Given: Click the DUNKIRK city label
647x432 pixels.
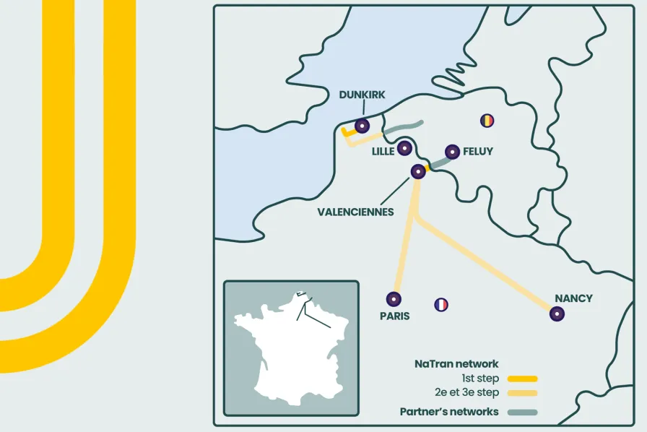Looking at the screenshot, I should (362, 95).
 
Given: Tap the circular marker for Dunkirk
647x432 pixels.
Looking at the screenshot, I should (362, 126).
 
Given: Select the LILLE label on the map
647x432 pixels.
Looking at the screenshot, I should (383, 152).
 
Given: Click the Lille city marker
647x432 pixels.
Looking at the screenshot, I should (405, 148).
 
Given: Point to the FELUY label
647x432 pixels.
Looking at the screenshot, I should (478, 152).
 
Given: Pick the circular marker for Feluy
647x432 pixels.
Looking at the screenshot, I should (453, 152).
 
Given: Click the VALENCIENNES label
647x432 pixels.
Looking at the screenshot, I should (356, 212).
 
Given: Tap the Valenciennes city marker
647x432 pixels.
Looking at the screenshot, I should (417, 171).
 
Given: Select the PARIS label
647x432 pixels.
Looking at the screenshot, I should (394, 316).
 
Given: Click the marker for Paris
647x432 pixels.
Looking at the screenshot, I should (394, 298).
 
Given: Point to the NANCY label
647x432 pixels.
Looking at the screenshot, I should (573, 298).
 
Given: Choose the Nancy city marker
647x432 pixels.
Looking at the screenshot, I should (557, 314).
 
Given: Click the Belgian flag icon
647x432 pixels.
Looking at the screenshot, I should (488, 120).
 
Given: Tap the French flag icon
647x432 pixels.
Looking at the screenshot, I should (441, 305).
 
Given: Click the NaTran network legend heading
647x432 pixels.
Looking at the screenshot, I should (456, 364).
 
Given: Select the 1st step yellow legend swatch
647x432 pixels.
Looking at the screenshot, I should (522, 379).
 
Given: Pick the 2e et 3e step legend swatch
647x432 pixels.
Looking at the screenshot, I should (522, 394).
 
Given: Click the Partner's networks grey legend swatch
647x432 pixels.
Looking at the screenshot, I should (522, 412).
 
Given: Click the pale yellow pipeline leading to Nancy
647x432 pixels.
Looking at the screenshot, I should (491, 267).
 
